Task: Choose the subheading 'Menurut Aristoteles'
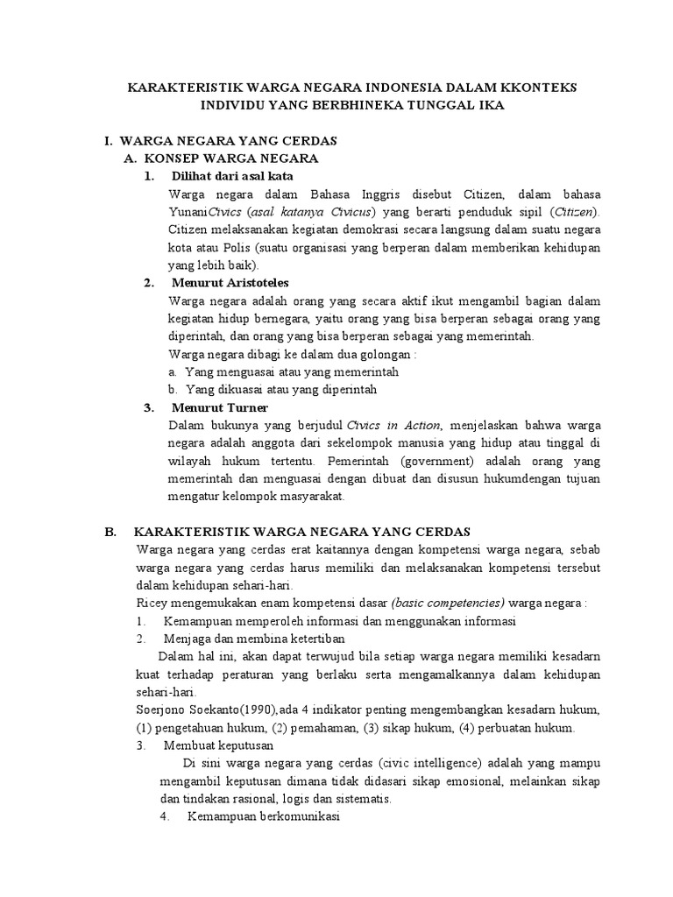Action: (230, 283)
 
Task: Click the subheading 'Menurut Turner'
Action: (220, 407)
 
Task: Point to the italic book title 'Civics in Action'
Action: (394, 426)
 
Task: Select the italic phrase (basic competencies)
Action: (449, 604)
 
